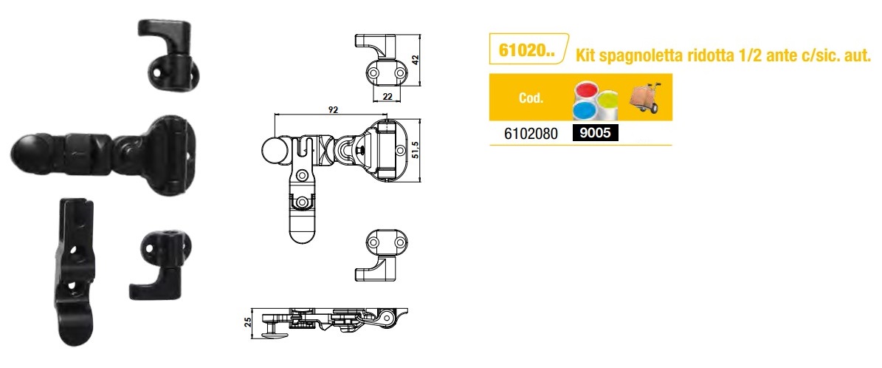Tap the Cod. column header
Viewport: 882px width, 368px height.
[531, 98]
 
